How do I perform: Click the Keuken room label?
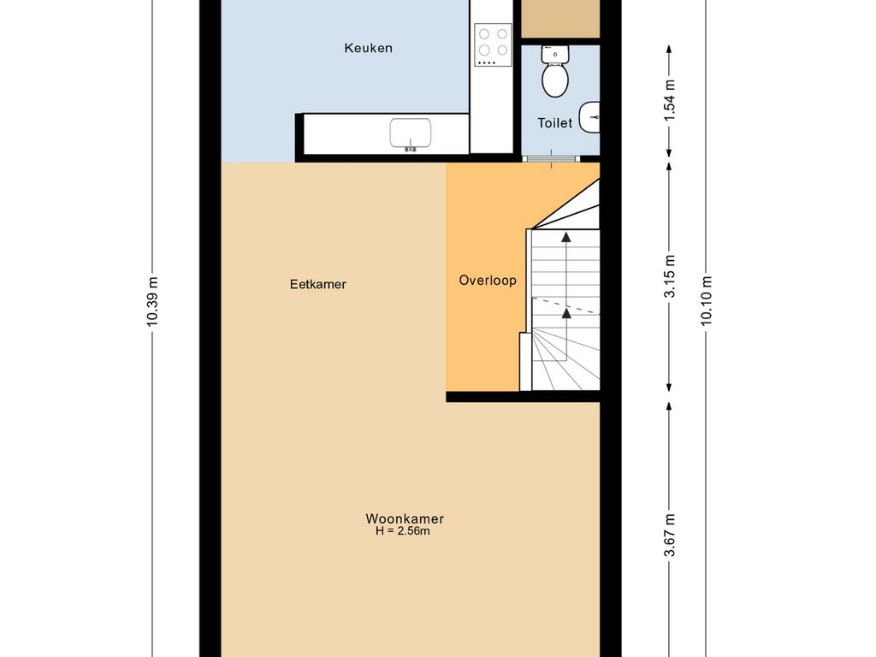coord(368,48)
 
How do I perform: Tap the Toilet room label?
coord(554,123)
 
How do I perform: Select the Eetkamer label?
coord(317,284)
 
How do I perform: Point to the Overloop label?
coord(488,280)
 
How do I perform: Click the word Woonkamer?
coord(405,518)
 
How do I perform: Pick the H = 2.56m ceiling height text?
coord(402,531)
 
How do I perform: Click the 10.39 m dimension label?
coord(151,301)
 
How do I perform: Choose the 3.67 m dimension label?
coord(670,536)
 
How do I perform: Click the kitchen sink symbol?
coord(411,134)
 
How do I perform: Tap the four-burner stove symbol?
coord(493,44)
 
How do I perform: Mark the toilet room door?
coord(551,159)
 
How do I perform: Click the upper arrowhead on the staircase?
coord(565,236)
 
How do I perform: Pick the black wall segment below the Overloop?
coord(522,396)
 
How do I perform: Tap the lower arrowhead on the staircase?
coord(565,313)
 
